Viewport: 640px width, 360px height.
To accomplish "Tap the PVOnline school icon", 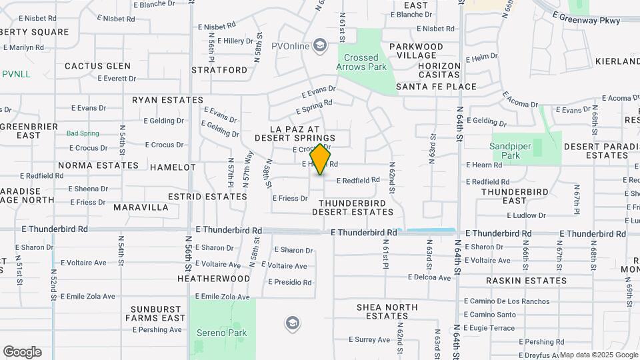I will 320,45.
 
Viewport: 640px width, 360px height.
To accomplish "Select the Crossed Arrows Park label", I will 362,63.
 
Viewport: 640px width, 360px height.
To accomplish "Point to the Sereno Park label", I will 221,333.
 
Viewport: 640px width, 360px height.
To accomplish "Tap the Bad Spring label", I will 83,133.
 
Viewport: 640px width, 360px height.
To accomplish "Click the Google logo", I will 22,352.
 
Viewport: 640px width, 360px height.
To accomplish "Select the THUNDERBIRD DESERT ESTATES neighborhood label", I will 353,207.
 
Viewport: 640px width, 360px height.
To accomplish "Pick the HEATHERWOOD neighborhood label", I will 213,278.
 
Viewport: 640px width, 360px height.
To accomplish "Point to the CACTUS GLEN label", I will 97,66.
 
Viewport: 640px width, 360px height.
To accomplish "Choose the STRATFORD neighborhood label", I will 219,69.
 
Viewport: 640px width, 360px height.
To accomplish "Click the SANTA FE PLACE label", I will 436,87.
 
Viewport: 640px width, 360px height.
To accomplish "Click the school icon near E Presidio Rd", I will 291,324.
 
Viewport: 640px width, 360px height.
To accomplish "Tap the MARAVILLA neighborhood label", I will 141,207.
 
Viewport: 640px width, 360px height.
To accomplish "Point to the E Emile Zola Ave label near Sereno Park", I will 222,297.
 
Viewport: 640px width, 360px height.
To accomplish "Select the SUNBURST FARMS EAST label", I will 157,313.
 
